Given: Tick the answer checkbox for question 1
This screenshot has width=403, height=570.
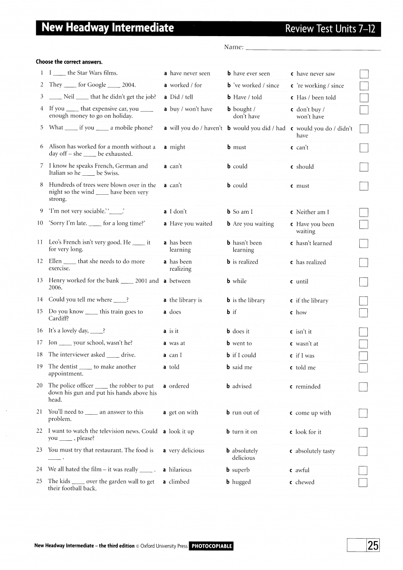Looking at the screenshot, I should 364,74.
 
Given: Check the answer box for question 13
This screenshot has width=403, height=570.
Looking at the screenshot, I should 364,282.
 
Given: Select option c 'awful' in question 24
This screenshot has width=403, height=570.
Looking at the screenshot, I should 302,470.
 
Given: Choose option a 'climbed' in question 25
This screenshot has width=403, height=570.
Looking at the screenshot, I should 179,482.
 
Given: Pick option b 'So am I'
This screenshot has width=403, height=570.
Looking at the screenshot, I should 242,212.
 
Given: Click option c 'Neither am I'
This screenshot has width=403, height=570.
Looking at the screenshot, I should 312,212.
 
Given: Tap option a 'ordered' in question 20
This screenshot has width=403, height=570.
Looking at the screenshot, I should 179,386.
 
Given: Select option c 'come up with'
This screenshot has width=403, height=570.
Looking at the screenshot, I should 313,413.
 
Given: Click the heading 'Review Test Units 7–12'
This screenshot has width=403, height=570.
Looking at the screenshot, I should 330,29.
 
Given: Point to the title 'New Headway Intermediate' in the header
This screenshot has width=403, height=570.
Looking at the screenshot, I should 108,28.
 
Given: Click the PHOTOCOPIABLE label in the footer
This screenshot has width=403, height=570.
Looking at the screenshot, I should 211,546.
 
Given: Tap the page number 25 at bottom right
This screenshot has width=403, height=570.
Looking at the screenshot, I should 373,546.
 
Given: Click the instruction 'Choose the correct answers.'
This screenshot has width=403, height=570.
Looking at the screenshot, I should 69,62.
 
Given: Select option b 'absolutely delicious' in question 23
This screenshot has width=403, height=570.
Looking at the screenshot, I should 245,454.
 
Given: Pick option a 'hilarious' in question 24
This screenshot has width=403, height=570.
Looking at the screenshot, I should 180,470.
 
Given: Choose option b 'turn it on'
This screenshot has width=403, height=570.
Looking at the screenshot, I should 244,432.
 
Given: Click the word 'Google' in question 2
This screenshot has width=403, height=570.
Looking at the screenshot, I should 96,85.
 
